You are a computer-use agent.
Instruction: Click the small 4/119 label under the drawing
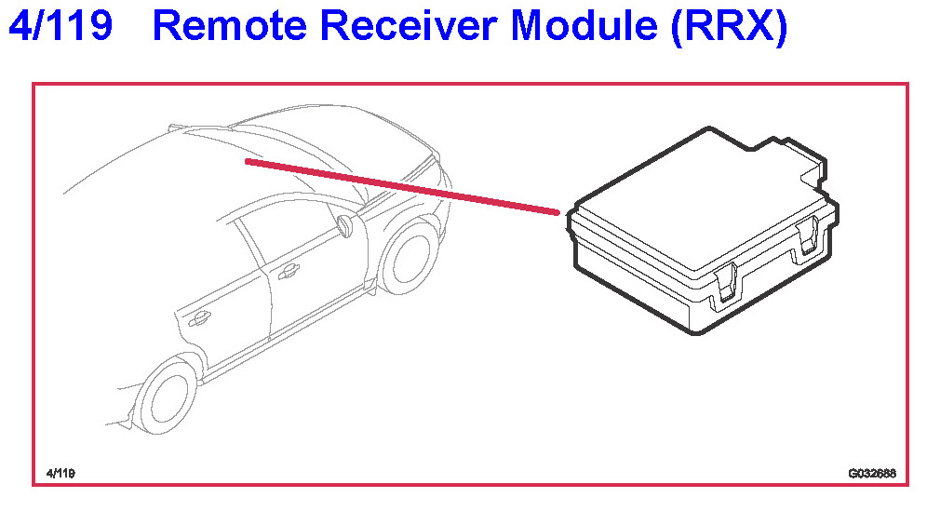(60, 474)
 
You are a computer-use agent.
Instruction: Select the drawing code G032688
(871, 474)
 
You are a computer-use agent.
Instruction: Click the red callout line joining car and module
(400, 187)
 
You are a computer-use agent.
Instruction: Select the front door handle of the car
(288, 271)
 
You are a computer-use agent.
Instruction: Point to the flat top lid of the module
(689, 205)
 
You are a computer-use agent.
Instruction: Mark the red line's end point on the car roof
(248, 161)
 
